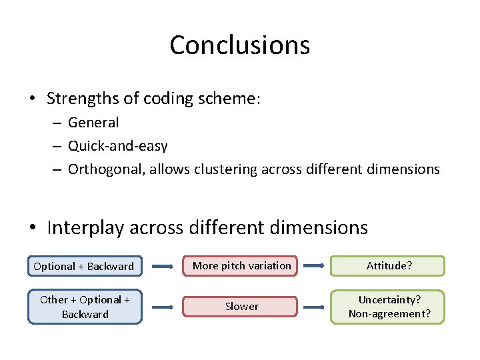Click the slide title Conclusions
click(239, 45)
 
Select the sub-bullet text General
click(93, 123)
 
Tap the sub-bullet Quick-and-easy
click(117, 146)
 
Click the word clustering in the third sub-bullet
click(223, 169)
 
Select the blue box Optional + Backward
click(84, 266)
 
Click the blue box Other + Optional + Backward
click(85, 307)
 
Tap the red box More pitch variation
click(241, 266)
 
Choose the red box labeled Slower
click(241, 307)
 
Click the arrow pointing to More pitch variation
click(163, 266)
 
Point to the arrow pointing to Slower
click(163, 307)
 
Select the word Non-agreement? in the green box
click(389, 314)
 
